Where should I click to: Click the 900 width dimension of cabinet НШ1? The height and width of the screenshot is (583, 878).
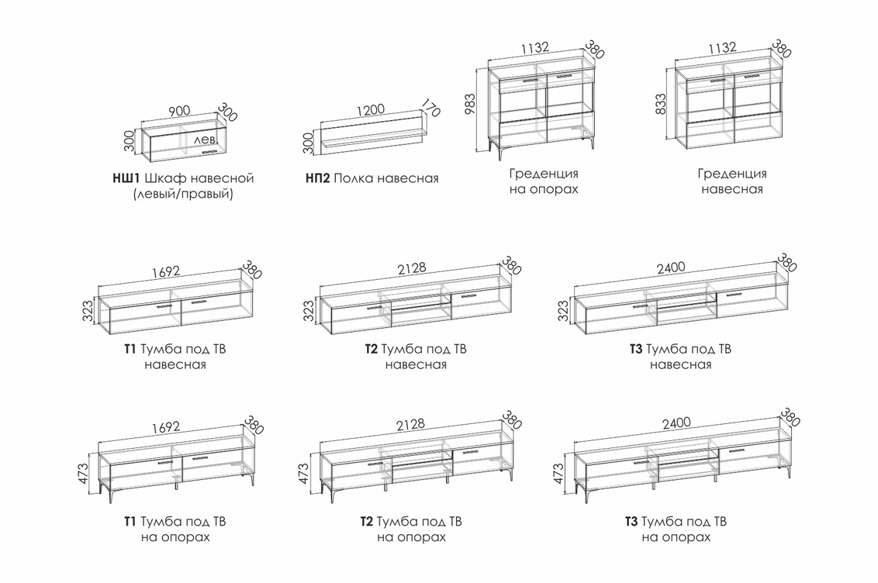pyautogui.click(x=179, y=111)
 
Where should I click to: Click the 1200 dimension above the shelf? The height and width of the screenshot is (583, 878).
pyautogui.click(x=371, y=109)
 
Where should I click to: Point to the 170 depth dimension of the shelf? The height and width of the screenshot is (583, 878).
pyautogui.click(x=430, y=108)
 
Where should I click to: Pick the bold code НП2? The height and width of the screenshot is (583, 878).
pyautogui.click(x=318, y=178)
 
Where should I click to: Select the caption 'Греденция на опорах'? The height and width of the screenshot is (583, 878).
pyautogui.click(x=544, y=181)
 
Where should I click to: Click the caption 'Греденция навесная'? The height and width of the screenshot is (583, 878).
pyautogui.click(x=731, y=181)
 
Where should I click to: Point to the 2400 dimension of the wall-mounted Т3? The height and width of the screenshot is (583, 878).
pyautogui.click(x=671, y=267)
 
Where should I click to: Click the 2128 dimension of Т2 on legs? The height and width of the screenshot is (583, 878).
pyautogui.click(x=410, y=424)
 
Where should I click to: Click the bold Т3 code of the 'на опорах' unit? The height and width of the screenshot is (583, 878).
pyautogui.click(x=631, y=522)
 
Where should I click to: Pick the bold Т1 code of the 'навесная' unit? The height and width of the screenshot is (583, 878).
pyautogui.click(x=130, y=349)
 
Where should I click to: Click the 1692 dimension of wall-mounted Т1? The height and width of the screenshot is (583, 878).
pyautogui.click(x=167, y=271)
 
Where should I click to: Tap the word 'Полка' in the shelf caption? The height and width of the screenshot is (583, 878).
pyautogui.click(x=354, y=178)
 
